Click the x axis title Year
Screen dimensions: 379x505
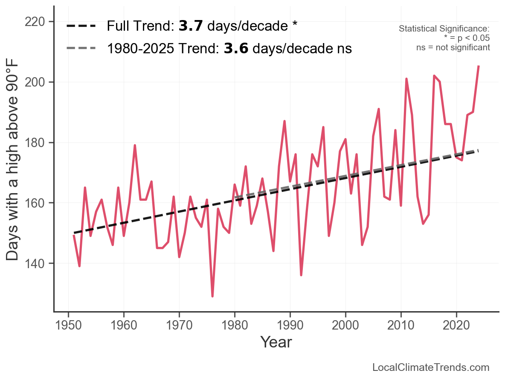pyautogui.click(x=276, y=342)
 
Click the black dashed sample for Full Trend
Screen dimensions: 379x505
pyautogui.click(x=81, y=26)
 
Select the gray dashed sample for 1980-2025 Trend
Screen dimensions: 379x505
pyautogui.click(x=81, y=49)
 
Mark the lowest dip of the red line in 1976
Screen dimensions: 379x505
pyautogui.click(x=212, y=296)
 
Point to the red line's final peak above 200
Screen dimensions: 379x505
pyautogui.click(x=479, y=66)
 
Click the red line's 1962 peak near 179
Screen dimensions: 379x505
pyautogui.click(x=135, y=145)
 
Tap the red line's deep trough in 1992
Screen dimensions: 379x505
pyautogui.click(x=301, y=275)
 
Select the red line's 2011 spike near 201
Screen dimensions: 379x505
pyautogui.click(x=406, y=79)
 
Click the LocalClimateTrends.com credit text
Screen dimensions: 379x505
pyautogui.click(x=431, y=367)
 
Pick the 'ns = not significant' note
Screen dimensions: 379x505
pyautogui.click(x=453, y=47)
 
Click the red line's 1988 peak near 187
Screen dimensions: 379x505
pyautogui.click(x=284, y=121)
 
